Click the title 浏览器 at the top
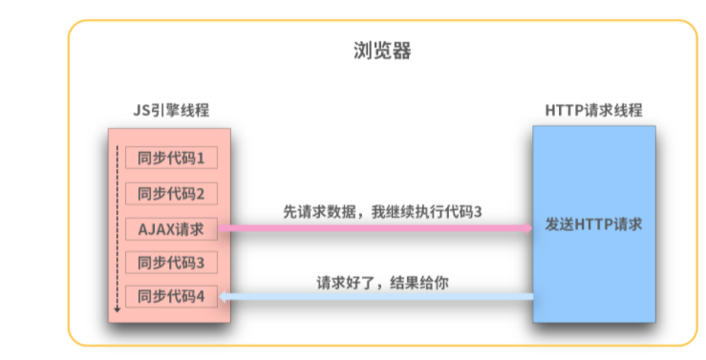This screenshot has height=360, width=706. pyautogui.click(x=383, y=52)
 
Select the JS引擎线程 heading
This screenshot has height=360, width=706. pyautogui.click(x=171, y=111)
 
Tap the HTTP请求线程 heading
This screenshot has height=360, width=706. pyautogui.click(x=593, y=111)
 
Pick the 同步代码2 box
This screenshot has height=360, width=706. pyautogui.click(x=172, y=193)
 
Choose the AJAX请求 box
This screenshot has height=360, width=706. pyautogui.click(x=172, y=228)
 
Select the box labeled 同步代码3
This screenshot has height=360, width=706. pyautogui.click(x=172, y=263)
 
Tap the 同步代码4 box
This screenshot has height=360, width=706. pyautogui.click(x=172, y=297)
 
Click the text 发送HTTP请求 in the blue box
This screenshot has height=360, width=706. pyautogui.click(x=593, y=225)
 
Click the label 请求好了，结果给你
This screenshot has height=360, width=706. pyautogui.click(x=382, y=283)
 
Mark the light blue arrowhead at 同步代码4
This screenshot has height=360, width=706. pyautogui.click(x=224, y=297)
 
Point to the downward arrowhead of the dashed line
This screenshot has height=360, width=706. pyautogui.click(x=118, y=308)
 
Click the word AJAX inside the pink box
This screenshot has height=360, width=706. pyautogui.click(x=156, y=228)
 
